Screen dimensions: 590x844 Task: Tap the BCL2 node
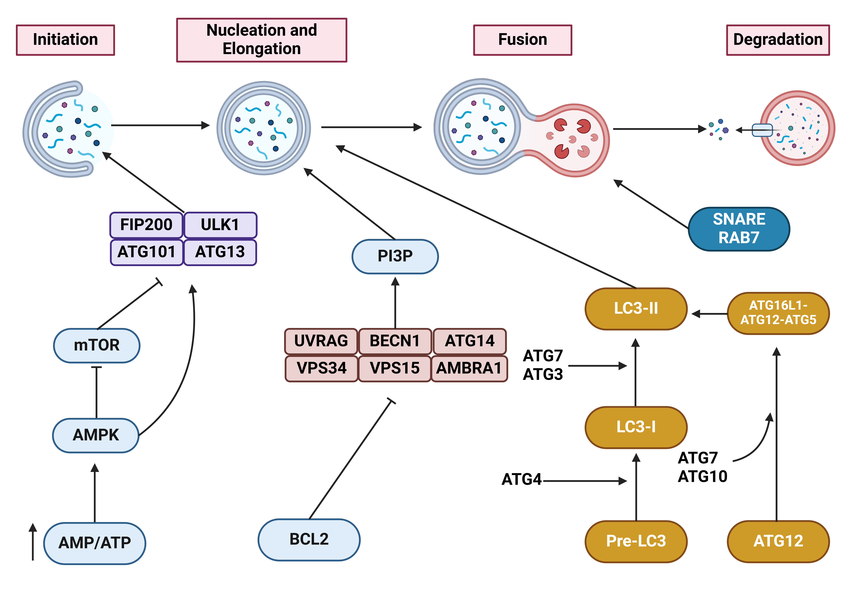tap(309, 539)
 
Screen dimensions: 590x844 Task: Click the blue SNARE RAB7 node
tap(739, 229)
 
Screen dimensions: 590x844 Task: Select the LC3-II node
tap(636, 308)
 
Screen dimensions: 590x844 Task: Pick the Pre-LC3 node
tap(636, 541)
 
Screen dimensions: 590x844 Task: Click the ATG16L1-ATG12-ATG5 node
tap(778, 313)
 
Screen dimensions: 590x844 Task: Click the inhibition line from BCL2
tap(351, 459)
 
